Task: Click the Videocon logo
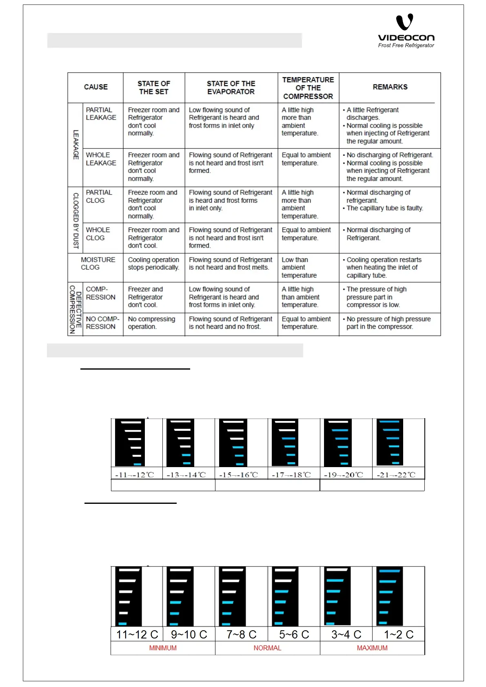tap(406, 31)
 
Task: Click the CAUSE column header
tap(96, 87)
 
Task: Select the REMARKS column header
tap(390, 87)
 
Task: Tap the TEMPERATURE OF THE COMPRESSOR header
tap(308, 88)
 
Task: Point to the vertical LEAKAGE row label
tap(75, 144)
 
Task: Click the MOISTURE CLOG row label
tap(98, 264)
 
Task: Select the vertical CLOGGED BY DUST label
tap(75, 220)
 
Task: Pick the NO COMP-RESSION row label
tap(102, 323)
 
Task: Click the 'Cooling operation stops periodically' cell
tap(153, 264)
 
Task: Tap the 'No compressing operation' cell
tap(151, 323)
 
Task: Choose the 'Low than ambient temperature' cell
tap(299, 268)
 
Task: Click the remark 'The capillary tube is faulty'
tap(384, 208)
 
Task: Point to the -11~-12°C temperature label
tap(135, 475)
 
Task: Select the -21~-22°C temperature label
tap(396, 475)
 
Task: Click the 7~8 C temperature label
tap(242, 635)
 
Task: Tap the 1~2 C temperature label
tap(399, 635)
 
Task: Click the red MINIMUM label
tap(163, 648)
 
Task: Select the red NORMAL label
tap(267, 648)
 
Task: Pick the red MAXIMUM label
tap(372, 648)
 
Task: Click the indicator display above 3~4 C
tap(337, 596)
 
